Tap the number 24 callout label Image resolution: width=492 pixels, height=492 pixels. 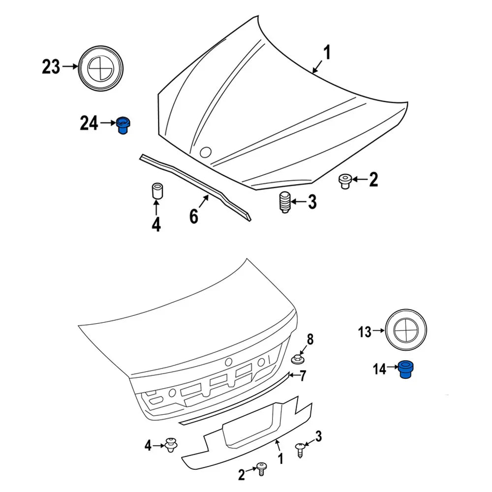[89, 123]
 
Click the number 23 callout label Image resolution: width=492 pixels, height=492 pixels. [51, 67]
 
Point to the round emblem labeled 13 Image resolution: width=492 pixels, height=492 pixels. [405, 332]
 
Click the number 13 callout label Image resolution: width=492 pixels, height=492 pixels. [365, 332]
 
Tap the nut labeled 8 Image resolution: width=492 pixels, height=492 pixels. [297, 359]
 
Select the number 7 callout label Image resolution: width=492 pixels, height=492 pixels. [303, 376]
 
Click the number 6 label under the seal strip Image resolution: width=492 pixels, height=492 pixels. [194, 216]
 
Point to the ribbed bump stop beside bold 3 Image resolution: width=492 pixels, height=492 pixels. [283, 203]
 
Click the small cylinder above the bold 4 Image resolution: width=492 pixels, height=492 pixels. [156, 191]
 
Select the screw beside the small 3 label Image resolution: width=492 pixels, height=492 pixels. [300, 449]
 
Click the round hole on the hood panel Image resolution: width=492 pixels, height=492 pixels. [205, 153]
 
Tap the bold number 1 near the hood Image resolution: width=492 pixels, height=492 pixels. [327, 52]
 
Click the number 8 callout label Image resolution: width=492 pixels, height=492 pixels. [310, 339]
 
